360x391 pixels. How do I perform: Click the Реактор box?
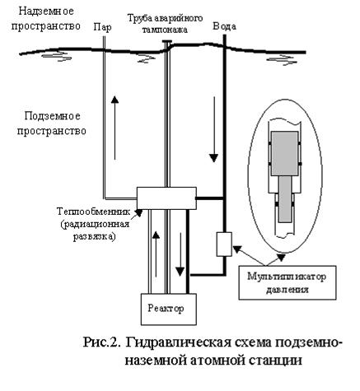[169, 309]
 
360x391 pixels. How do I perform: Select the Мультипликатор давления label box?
[288, 282]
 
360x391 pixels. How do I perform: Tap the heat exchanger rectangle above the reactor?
[166, 198]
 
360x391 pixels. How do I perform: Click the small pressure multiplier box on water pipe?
[224, 244]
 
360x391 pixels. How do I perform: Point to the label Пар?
[102, 27]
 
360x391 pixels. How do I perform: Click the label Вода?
[224, 26]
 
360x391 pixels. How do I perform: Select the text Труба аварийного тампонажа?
[165, 23]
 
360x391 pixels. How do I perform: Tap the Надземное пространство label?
[46, 19]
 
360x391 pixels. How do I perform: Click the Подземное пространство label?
[52, 123]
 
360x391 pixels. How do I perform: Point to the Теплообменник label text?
[94, 212]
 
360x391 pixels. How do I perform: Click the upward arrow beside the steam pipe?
[115, 128]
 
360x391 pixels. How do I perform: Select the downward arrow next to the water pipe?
[213, 129]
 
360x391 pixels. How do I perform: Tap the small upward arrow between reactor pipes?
[156, 254]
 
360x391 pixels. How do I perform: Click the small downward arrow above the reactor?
[180, 254]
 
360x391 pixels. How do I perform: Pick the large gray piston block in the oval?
[285, 153]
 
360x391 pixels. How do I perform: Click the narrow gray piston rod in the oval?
[285, 199]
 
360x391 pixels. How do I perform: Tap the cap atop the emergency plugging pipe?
[166, 42]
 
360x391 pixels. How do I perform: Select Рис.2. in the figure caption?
[102, 342]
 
